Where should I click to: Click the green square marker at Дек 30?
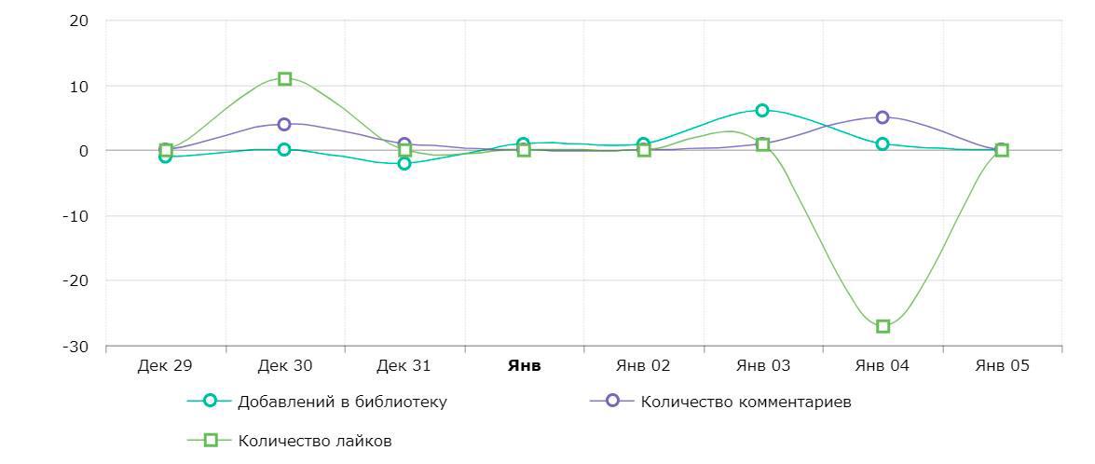coord(285,79)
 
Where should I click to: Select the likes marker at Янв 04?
coord(883,326)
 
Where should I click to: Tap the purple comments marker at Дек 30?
coord(284,124)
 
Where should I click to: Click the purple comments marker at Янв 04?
coord(883,117)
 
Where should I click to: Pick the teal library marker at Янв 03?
coord(762,110)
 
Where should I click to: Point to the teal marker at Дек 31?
coord(404,163)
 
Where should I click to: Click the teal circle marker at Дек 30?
coord(284,149)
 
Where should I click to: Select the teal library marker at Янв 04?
coord(883,143)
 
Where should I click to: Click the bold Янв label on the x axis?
coord(524,365)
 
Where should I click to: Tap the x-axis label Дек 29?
coord(165,365)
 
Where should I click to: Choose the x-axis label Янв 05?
coord(1002,365)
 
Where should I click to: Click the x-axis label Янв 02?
coord(643,365)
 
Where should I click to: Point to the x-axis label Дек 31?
coord(404,365)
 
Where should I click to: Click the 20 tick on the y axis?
coord(78,20)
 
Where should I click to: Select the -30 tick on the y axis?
coord(76,347)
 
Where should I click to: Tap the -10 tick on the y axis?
coord(76,216)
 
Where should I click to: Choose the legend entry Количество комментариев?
coord(746,402)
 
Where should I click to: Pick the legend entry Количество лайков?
coord(314,441)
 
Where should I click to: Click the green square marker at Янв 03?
coord(762,144)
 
